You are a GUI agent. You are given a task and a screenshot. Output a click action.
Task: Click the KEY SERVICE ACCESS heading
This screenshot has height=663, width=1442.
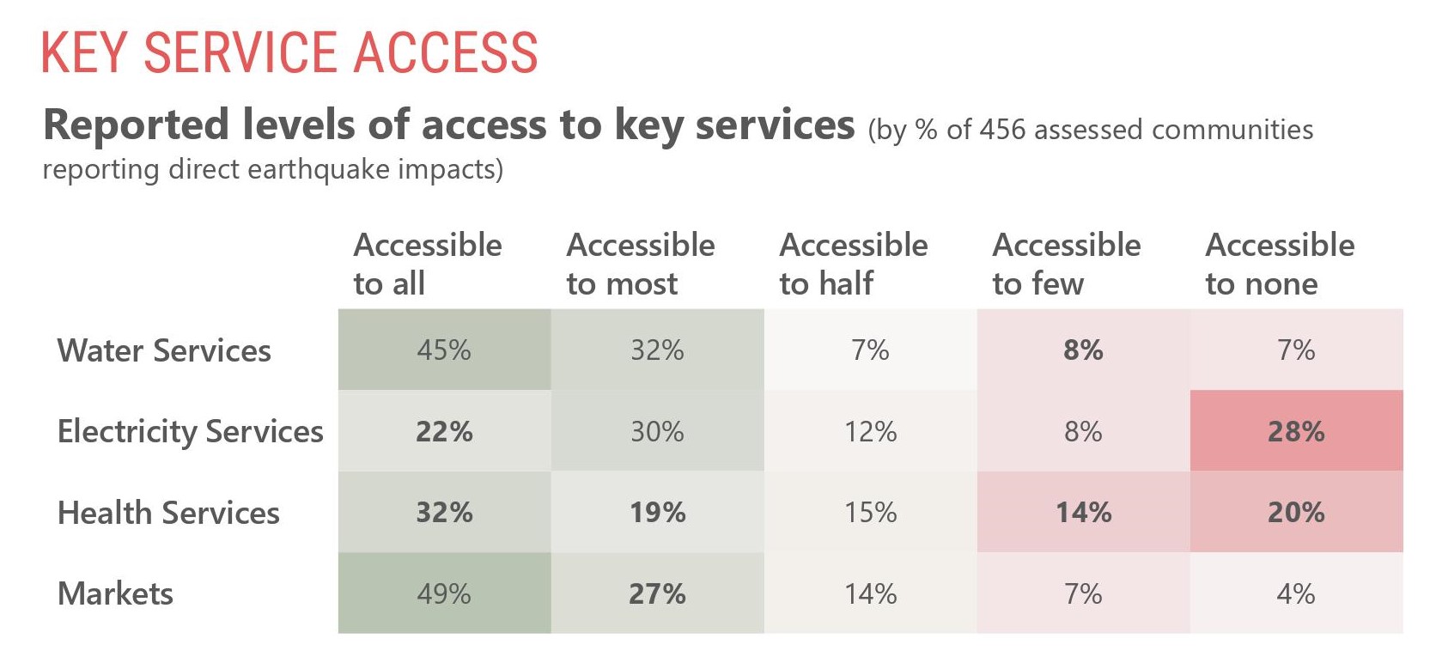coord(289,53)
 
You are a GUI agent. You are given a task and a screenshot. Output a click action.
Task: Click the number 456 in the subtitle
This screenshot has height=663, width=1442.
coord(1002,130)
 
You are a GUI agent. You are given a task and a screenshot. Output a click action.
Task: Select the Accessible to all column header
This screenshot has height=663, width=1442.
coord(427,264)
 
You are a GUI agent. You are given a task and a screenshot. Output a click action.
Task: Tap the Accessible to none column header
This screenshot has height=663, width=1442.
coord(1280,264)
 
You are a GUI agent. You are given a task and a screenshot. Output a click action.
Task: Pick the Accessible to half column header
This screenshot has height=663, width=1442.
coord(853,264)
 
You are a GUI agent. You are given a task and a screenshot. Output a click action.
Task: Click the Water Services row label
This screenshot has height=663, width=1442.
coord(164,350)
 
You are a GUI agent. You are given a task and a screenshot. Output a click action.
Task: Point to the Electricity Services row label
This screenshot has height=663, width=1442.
coord(190,431)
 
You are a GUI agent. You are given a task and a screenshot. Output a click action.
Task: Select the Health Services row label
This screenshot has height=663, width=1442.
coord(168,513)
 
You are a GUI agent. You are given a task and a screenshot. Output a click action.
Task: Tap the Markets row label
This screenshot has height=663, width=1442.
coord(115,593)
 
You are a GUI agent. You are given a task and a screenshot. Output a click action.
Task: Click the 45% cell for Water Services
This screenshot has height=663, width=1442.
coord(444,350)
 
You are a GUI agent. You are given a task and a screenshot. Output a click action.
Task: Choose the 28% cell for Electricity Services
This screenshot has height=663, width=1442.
coord(1296,431)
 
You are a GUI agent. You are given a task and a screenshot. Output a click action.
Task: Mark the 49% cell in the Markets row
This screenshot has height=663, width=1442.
coord(444,593)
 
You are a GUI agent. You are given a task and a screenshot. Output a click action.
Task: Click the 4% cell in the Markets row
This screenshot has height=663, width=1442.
coord(1296,593)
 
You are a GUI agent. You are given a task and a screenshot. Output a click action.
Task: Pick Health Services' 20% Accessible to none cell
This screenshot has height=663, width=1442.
coord(1296,513)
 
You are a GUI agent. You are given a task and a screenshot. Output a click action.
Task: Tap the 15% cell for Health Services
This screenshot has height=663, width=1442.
coord(870,513)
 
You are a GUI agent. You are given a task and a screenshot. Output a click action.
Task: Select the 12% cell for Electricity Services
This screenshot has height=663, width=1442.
coord(870,431)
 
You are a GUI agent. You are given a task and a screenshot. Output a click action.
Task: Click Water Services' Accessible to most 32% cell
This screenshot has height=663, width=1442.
coord(657,350)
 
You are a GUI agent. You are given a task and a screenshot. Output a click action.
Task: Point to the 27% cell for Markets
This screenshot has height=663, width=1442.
coord(657,593)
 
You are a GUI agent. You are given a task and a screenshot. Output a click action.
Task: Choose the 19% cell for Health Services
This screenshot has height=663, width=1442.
coord(657,513)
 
